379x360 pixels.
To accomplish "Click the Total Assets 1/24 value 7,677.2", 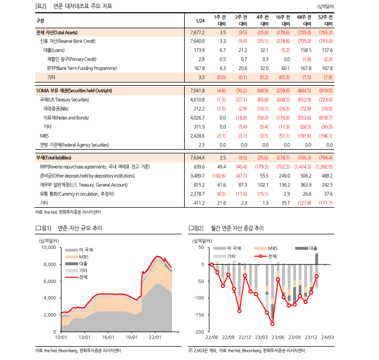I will (197, 32).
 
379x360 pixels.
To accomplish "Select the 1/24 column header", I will (200, 21).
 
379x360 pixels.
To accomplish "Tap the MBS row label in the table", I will (44, 136).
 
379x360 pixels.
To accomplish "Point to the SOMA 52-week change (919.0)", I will (325, 91).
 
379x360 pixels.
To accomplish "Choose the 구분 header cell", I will (41, 21).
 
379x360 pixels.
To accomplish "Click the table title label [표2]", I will (40, 6).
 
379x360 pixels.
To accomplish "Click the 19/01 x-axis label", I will (131, 337).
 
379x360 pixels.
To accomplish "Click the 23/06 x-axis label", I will (277, 337).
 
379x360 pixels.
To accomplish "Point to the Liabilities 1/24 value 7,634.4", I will (197, 158).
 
